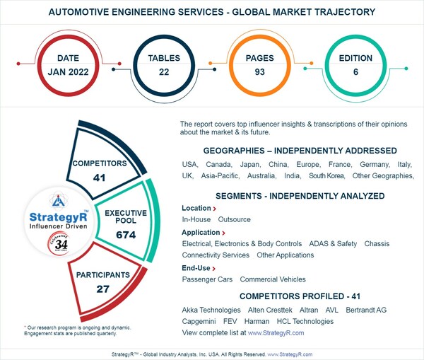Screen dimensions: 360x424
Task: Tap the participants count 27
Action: (x=103, y=288)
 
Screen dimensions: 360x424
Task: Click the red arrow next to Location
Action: (x=214, y=209)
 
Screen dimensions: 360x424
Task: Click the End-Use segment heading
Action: (x=196, y=268)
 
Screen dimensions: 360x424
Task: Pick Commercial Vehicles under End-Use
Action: (x=273, y=279)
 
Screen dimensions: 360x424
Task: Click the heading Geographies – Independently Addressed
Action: (x=300, y=151)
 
